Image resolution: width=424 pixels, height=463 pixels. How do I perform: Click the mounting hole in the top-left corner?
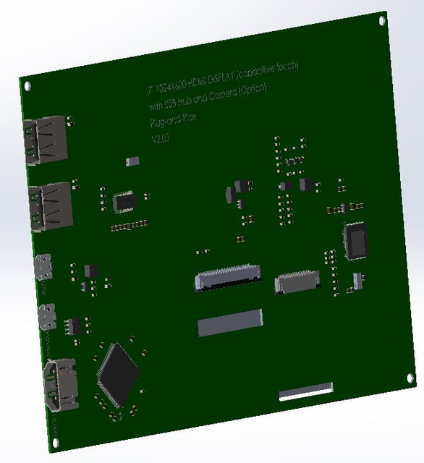coord(27,85)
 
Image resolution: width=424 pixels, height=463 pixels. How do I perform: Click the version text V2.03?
coord(159,138)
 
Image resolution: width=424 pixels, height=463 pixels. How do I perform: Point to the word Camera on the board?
coord(226,96)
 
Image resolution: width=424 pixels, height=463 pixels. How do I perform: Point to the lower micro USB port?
coord(49,315)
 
